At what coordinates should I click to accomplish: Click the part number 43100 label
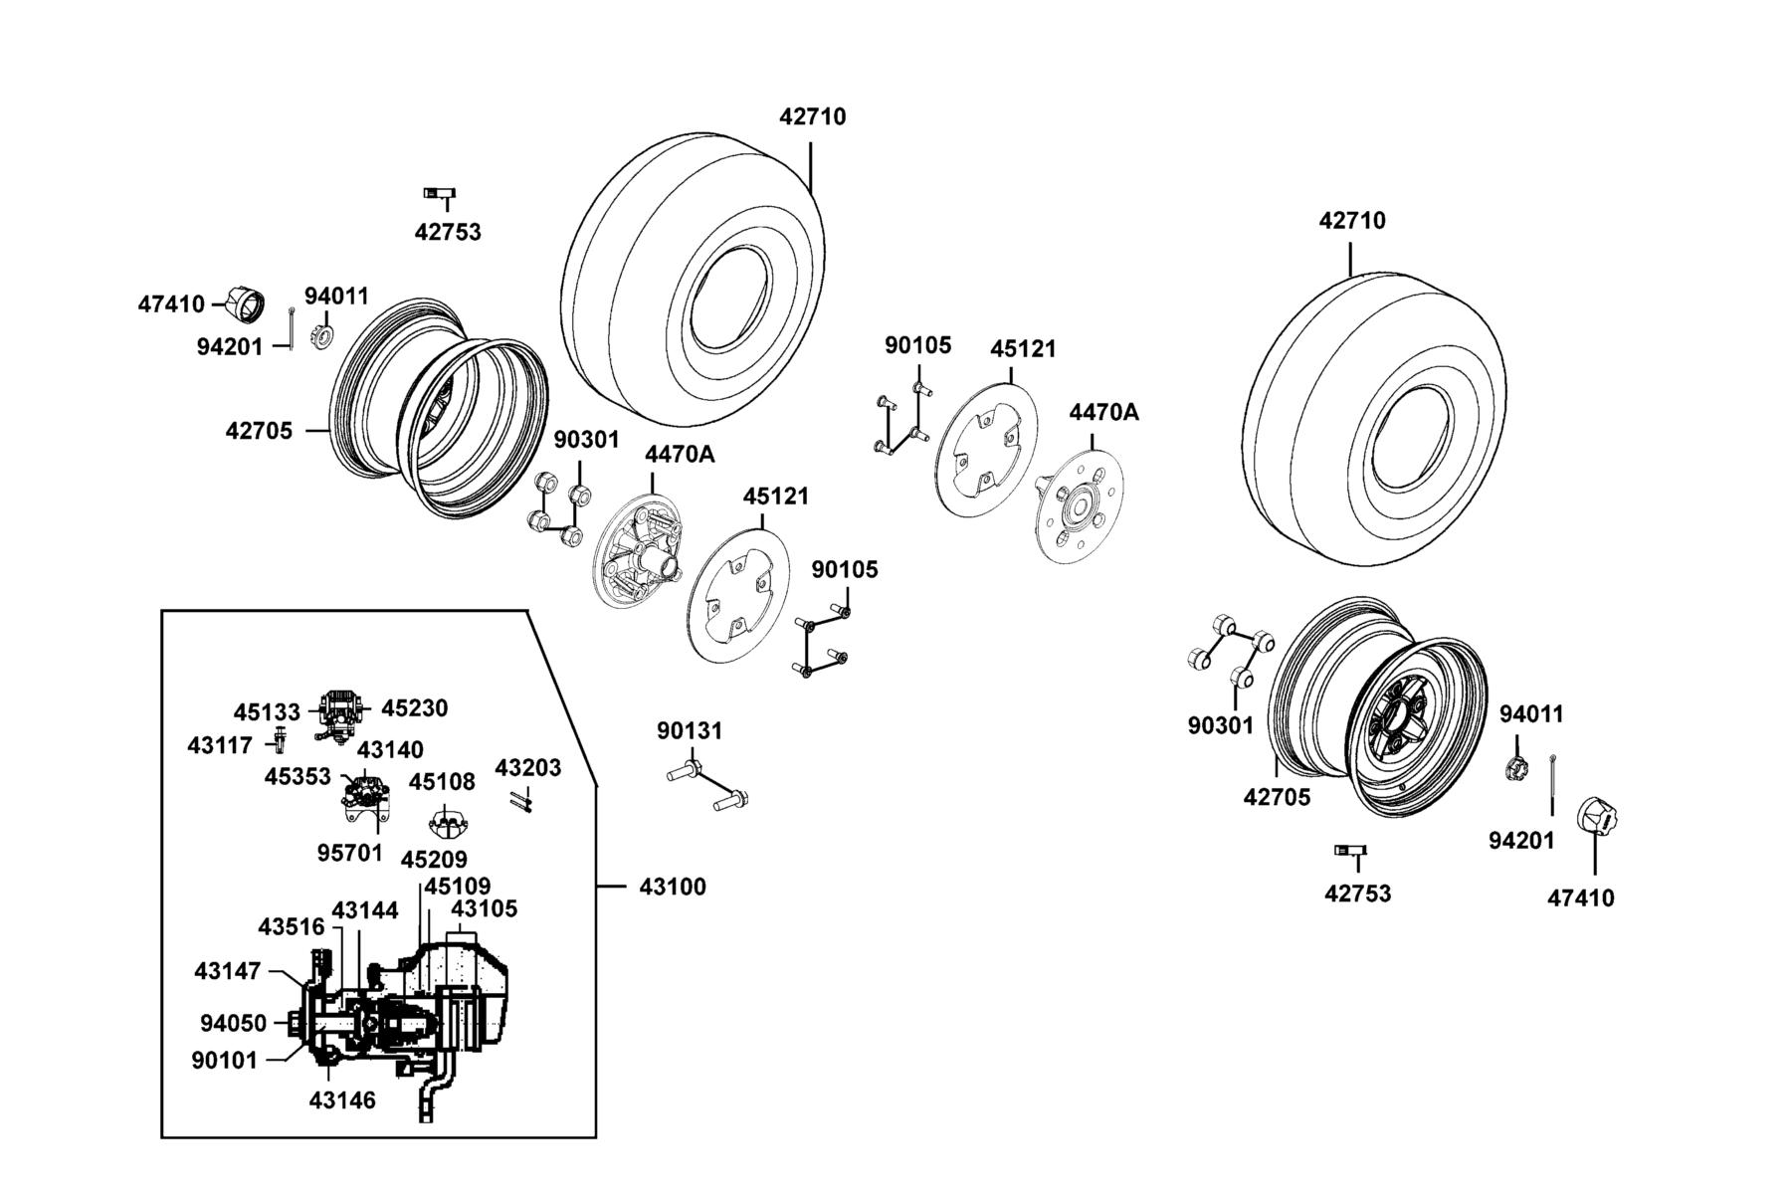point(672,887)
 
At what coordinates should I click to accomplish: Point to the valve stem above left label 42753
point(440,193)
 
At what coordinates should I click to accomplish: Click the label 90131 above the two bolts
point(690,731)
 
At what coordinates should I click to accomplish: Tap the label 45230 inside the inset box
point(415,708)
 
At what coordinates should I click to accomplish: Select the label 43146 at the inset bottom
point(342,1100)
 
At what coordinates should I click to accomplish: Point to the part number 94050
point(233,1024)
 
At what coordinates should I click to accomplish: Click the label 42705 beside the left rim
point(259,432)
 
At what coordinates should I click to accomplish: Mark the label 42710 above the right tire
point(1352,221)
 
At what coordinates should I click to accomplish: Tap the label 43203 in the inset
point(528,768)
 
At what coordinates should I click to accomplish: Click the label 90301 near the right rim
point(1221,726)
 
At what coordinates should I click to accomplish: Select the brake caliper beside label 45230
point(339,712)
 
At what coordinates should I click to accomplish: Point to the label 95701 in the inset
point(350,853)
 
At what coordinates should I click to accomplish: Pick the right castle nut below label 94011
point(1515,767)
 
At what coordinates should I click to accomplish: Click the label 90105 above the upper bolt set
point(918,346)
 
